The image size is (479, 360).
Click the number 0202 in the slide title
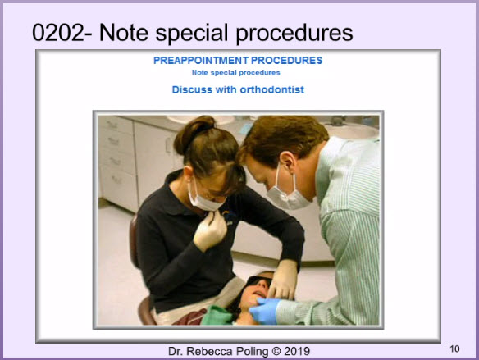[x=58, y=33]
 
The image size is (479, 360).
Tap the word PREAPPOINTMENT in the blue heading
[x=201, y=61]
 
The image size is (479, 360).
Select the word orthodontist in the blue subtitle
[x=271, y=89]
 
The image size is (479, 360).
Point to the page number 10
[x=454, y=349]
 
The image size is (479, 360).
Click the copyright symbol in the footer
[x=276, y=351]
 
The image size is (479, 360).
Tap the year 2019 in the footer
[x=297, y=351]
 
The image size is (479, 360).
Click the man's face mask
[x=287, y=193]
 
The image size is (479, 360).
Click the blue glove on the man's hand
[x=265, y=311]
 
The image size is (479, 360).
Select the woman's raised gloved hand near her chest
[x=210, y=230]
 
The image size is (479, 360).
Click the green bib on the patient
[x=217, y=316]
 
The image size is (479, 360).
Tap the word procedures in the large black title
[x=294, y=33]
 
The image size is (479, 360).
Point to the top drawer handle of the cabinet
[x=112, y=125]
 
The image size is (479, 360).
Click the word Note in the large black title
[x=124, y=33]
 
